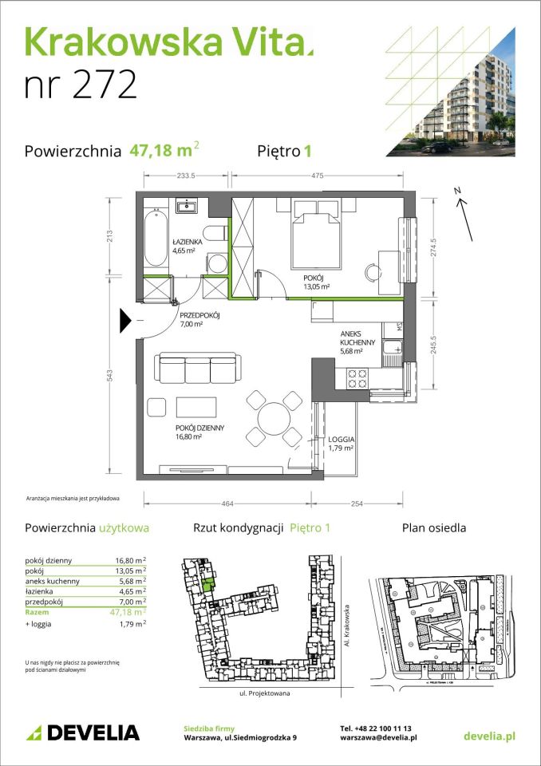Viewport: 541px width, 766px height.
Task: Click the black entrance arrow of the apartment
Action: point(124,321)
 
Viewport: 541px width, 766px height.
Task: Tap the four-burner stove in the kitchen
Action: point(356,377)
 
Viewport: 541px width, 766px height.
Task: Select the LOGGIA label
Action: point(342,440)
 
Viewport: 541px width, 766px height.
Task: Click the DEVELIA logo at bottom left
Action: point(83,732)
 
